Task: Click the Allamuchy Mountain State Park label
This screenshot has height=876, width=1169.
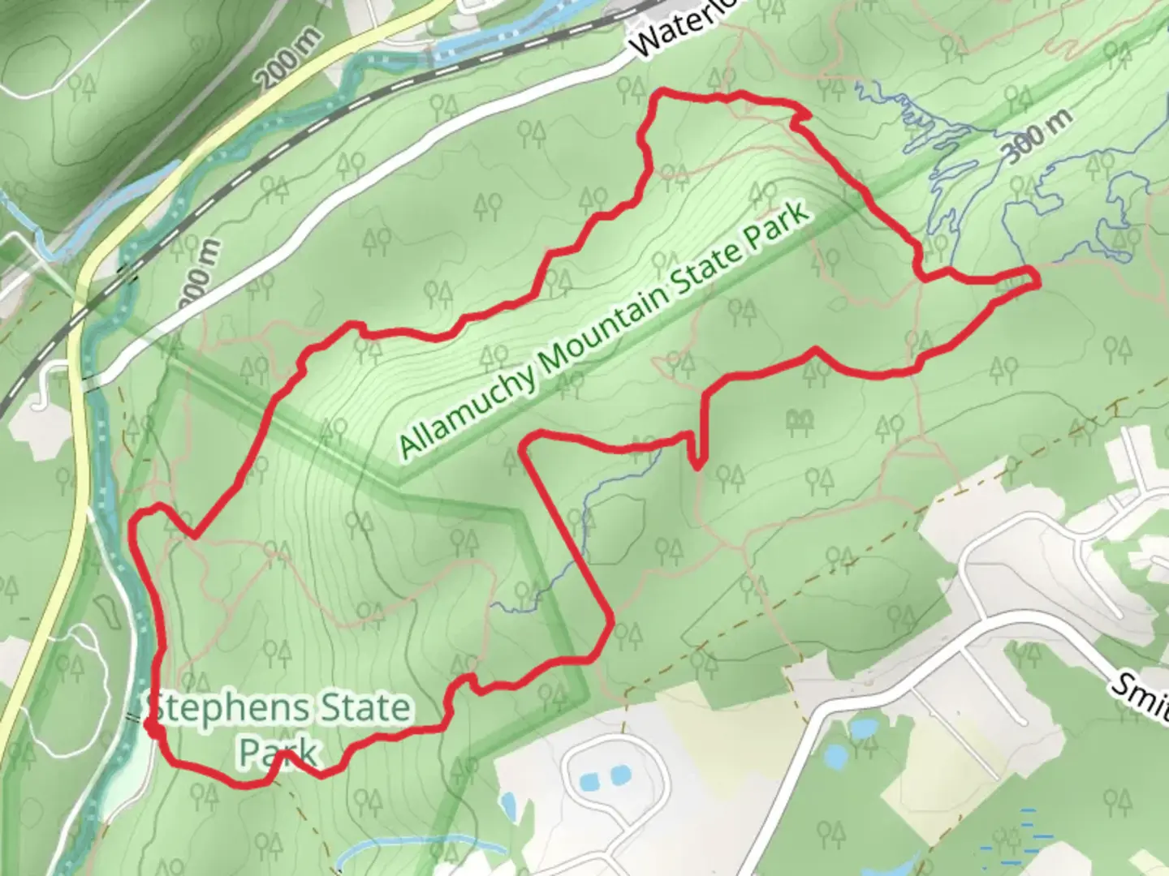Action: click(605, 331)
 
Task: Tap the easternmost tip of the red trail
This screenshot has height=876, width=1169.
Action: click(1037, 277)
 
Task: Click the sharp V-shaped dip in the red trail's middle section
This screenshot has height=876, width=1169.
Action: click(696, 465)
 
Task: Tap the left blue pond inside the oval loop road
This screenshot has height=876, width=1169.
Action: click(590, 783)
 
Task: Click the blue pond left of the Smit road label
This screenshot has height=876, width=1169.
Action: click(834, 757)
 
